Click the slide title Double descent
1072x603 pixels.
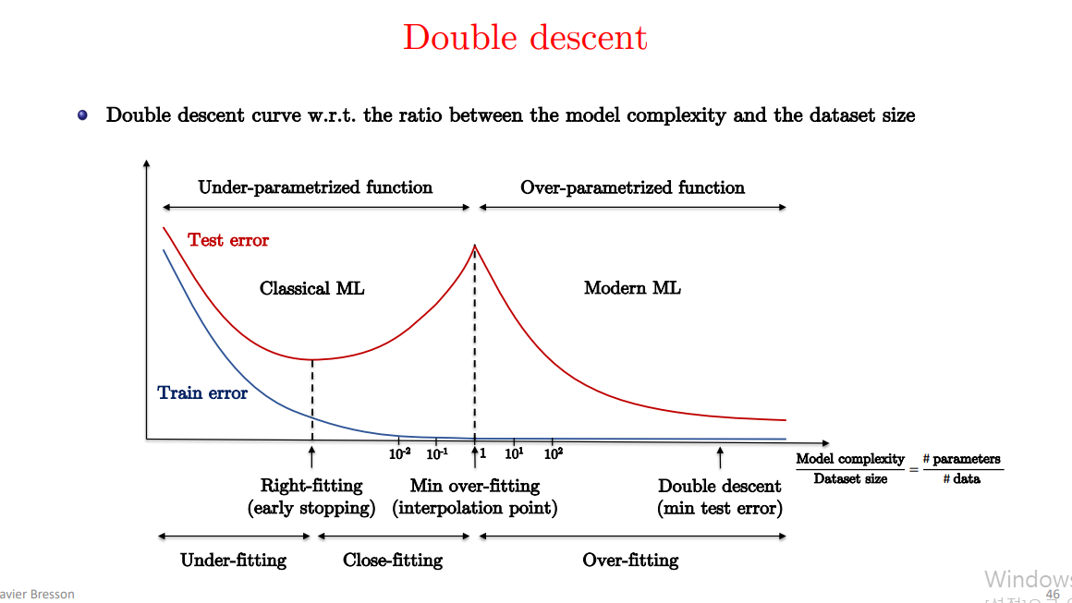525,38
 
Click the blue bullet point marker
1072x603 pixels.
83,115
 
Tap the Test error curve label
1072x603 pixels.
228,240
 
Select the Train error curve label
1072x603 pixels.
202,393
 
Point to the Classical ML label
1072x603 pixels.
312,288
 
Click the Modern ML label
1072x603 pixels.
632,288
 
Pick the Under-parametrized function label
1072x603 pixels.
315,187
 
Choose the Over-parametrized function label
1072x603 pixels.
632,187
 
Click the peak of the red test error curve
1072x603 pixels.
475,246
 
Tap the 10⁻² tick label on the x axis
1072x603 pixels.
400,452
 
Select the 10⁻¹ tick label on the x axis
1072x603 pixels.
437,452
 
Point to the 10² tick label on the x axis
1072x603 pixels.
554,452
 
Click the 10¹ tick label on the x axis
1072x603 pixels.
515,452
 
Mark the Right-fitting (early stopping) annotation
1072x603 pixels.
311,497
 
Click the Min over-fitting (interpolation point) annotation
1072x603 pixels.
475,497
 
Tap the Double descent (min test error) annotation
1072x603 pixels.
720,497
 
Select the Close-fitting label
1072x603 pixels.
393,560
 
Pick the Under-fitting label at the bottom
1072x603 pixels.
233,560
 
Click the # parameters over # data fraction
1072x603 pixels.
961,468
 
